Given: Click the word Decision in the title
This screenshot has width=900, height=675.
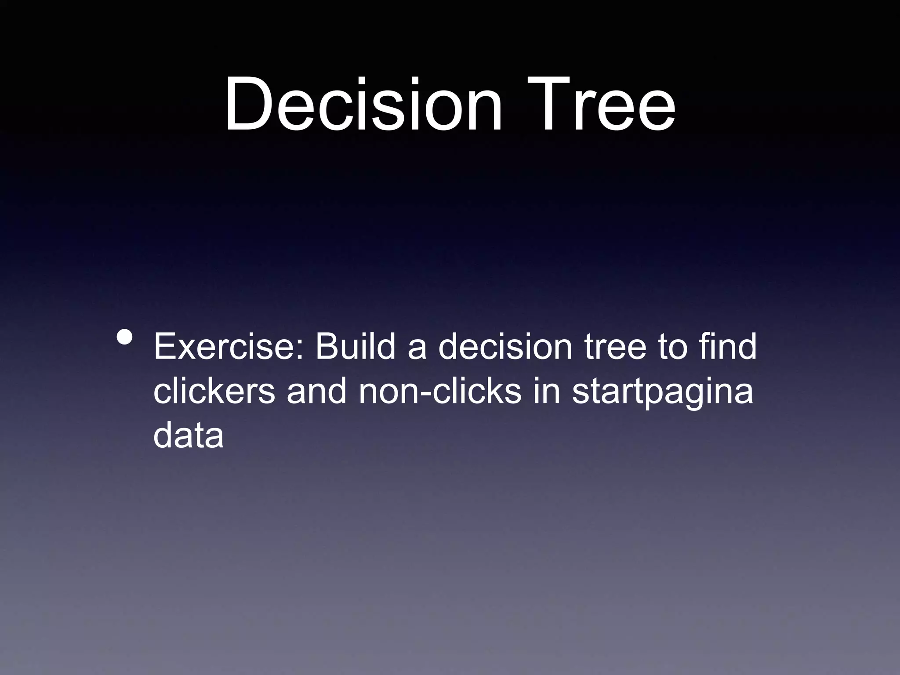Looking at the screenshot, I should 363,105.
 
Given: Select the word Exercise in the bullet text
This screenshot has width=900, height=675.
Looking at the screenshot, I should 224,347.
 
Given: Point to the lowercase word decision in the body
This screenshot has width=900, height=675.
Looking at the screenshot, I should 505,347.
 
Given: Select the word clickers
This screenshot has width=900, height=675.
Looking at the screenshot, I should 214,392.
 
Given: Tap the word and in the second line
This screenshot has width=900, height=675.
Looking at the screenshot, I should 317,392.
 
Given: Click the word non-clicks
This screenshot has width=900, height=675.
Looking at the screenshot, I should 439,392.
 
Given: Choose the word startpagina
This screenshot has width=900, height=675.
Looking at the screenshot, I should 662,392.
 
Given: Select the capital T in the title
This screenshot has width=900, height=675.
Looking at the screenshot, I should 547,105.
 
